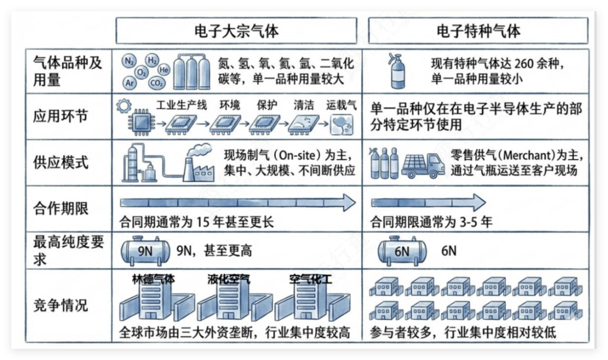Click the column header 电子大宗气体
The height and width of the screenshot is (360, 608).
pyautogui.click(x=236, y=31)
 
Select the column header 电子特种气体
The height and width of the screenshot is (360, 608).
pyautogui.click(x=478, y=31)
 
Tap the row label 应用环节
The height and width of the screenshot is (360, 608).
pyautogui.click(x=60, y=116)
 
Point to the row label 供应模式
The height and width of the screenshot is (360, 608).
pyautogui.click(x=60, y=163)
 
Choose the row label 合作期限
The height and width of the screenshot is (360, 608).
pyautogui.click(x=60, y=208)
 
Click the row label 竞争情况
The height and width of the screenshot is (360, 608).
pyautogui.click(x=60, y=305)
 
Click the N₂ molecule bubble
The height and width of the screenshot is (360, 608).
pyautogui.click(x=129, y=61)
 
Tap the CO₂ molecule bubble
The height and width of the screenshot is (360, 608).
pyautogui.click(x=157, y=83)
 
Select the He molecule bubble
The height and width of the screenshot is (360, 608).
pyautogui.click(x=164, y=70)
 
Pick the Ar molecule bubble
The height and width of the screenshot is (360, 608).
pyautogui.click(x=129, y=83)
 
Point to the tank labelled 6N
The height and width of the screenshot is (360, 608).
pyautogui.click(x=402, y=251)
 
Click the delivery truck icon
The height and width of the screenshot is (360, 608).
pyautogui.click(x=423, y=166)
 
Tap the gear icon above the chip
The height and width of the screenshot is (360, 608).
pyautogui.click(x=124, y=105)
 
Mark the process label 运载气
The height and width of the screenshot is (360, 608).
pyautogui.click(x=341, y=105)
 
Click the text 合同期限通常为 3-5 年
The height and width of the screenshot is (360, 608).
pyautogui.click(x=431, y=223)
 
